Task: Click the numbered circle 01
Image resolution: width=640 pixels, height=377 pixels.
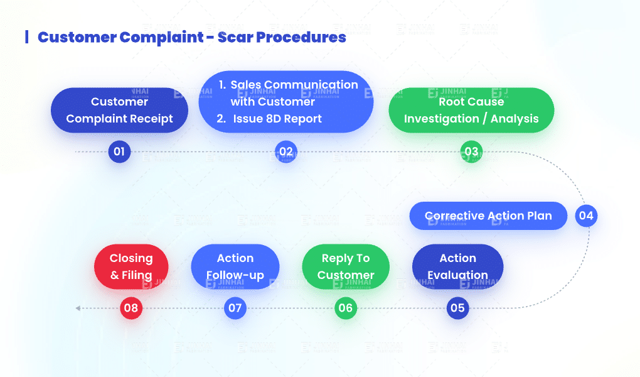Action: pyautogui.click(x=119, y=151)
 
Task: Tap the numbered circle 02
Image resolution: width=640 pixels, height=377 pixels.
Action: pyautogui.click(x=285, y=151)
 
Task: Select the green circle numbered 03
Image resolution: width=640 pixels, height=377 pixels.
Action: pyautogui.click(x=471, y=151)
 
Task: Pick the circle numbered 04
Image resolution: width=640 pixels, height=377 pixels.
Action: pyautogui.click(x=586, y=216)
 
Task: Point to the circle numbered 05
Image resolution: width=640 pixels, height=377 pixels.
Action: pyautogui.click(x=457, y=308)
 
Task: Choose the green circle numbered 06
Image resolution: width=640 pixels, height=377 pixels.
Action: pyautogui.click(x=345, y=308)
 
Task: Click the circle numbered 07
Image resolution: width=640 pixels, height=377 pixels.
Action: pyautogui.click(x=235, y=308)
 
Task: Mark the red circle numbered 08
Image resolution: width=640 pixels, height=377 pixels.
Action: pyautogui.click(x=131, y=308)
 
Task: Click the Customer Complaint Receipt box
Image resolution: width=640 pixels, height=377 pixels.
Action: pyautogui.click(x=119, y=110)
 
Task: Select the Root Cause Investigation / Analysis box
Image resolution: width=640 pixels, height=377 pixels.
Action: pyautogui.click(x=471, y=110)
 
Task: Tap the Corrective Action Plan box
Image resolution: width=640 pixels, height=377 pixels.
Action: pyautogui.click(x=488, y=216)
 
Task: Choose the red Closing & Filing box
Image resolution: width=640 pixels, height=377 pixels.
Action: pyautogui.click(x=131, y=266)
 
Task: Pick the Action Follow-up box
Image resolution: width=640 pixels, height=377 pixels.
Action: pyautogui.click(x=235, y=266)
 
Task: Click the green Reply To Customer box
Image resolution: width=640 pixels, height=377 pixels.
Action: pyautogui.click(x=346, y=266)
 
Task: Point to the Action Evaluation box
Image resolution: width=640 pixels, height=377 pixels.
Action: pyautogui.click(x=457, y=266)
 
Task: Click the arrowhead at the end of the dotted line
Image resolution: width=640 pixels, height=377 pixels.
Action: pyautogui.click(x=78, y=308)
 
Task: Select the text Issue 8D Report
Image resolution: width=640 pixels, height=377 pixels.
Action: pyautogui.click(x=277, y=119)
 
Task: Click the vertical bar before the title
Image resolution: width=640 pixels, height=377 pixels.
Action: pyautogui.click(x=26, y=36)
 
